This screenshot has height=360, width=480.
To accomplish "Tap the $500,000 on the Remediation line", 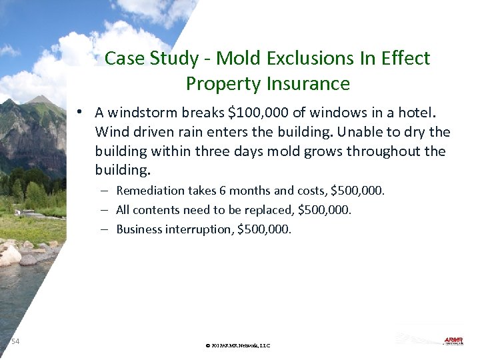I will (x=358, y=191).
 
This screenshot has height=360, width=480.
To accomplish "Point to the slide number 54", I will (x=15, y=341).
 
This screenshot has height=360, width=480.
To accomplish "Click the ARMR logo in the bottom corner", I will (x=453, y=341).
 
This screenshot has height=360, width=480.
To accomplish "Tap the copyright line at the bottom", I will (x=238, y=345).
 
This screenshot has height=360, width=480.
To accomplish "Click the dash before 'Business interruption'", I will (x=106, y=229).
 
